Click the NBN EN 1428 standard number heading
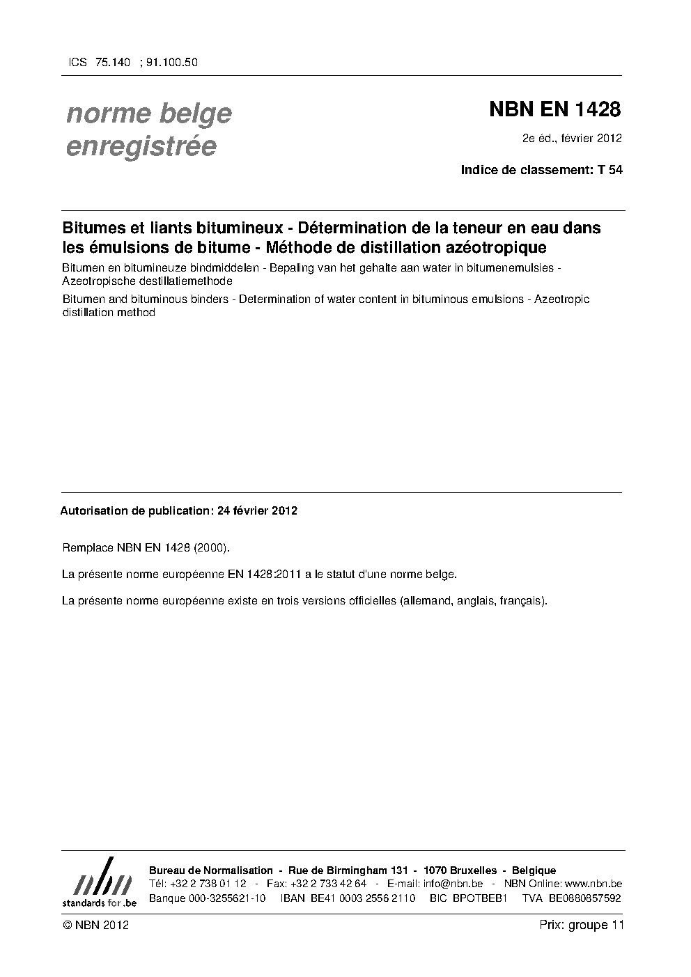click(554, 109)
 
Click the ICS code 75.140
click(112, 62)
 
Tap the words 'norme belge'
click(149, 114)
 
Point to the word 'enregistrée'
click(141, 147)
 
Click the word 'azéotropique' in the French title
click(499, 247)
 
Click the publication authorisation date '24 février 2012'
click(257, 510)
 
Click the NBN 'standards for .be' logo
click(99, 882)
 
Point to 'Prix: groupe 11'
click(581, 925)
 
